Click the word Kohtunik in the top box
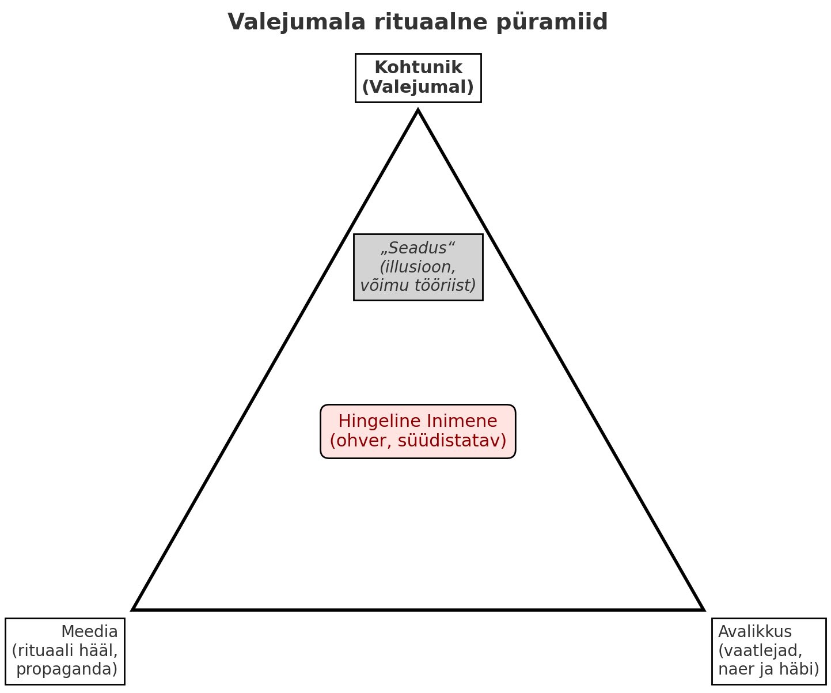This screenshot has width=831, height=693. pos(418,67)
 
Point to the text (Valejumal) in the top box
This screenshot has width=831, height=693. pos(418,87)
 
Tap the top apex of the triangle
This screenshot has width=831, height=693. pos(418,110)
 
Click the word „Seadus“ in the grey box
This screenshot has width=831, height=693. pos(418,248)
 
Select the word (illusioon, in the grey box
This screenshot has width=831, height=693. pos(418,267)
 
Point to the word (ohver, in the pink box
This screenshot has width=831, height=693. pos(356,441)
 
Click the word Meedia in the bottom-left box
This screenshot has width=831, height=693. pos(89,632)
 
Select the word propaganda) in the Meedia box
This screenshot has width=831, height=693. pos(67,669)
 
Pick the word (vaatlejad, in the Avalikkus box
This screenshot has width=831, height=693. pos(760,650)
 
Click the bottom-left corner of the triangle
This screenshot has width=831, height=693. pos(134,609)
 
